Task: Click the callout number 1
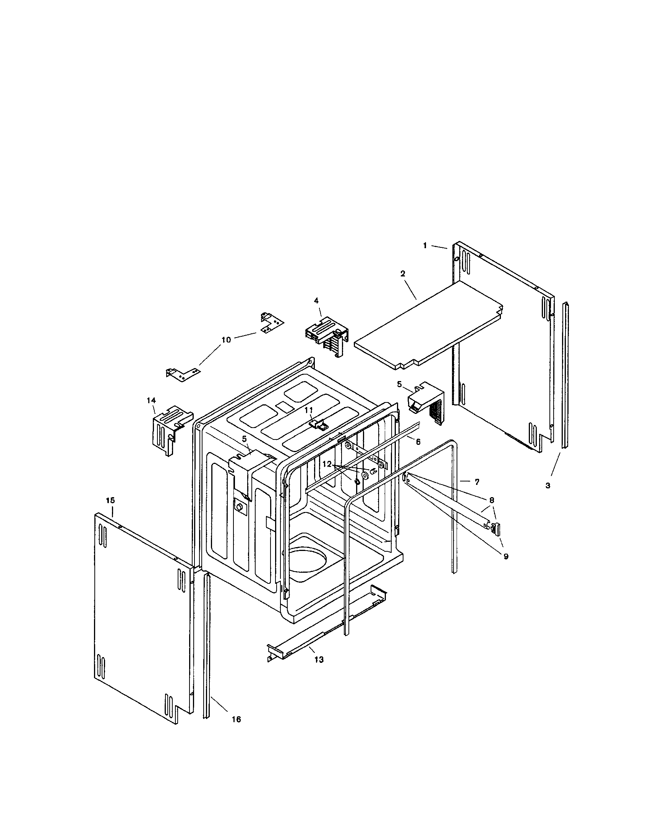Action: (x=425, y=246)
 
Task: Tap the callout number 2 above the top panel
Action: (x=402, y=274)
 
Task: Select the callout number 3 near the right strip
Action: (x=548, y=485)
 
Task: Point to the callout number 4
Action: (x=316, y=300)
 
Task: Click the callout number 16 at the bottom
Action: (x=236, y=719)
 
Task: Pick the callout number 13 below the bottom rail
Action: (x=319, y=659)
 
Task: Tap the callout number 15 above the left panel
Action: (x=110, y=501)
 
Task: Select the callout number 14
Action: (x=151, y=401)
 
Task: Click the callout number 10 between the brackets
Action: (x=226, y=340)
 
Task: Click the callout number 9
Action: (x=506, y=556)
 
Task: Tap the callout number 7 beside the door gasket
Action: (x=477, y=481)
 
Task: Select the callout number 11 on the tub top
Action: (x=309, y=410)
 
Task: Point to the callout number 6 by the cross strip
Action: (x=418, y=442)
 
